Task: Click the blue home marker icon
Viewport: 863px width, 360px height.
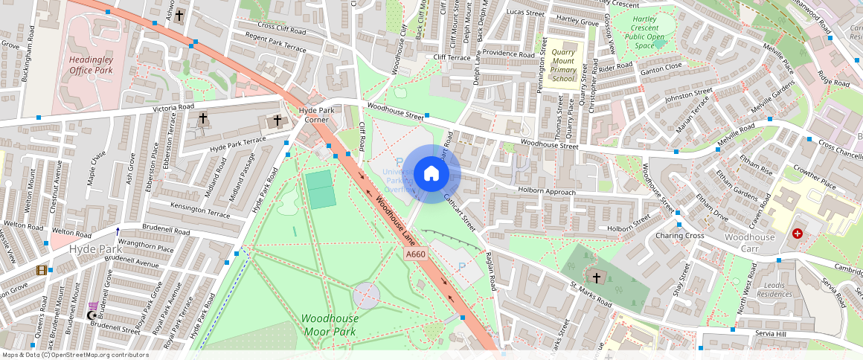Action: (x=431, y=174)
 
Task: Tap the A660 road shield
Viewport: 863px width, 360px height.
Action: (x=417, y=254)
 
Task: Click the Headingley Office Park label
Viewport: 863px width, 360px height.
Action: (x=91, y=65)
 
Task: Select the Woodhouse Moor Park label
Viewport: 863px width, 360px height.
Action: (x=330, y=324)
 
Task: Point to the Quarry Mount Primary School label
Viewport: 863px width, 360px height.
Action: (x=564, y=65)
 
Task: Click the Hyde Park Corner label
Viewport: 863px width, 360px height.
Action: (x=313, y=115)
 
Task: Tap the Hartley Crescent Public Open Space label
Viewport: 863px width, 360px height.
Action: (x=644, y=32)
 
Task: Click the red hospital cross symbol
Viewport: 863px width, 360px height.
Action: (x=798, y=234)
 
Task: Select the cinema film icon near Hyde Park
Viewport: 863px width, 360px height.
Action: (x=42, y=270)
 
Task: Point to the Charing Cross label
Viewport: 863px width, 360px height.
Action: (x=679, y=236)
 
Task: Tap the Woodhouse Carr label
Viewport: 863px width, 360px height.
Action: (x=749, y=242)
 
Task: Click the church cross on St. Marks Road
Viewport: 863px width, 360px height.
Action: (x=597, y=277)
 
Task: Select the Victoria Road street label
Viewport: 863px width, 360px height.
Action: (x=173, y=108)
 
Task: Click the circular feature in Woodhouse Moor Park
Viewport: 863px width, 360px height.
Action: (x=366, y=295)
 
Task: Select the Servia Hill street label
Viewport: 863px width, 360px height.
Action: (x=769, y=333)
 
